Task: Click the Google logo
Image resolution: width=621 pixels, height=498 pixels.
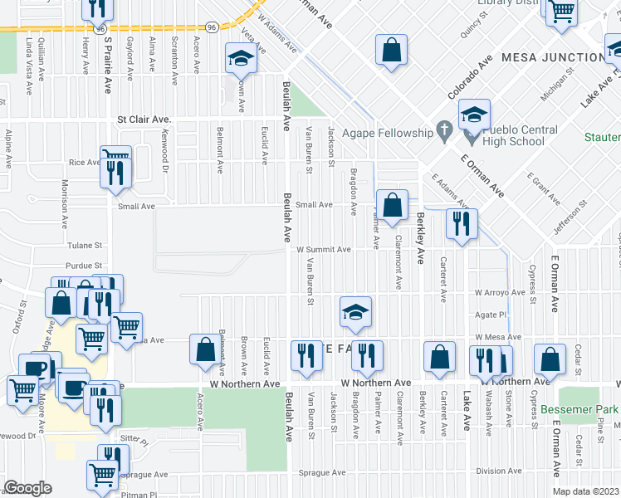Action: (27, 488)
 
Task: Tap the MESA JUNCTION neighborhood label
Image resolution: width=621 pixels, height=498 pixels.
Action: (563, 57)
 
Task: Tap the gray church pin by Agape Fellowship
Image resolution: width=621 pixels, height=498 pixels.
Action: (444, 129)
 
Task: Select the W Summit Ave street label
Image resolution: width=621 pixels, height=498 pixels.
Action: (325, 249)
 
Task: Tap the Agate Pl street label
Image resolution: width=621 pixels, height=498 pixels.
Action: (490, 315)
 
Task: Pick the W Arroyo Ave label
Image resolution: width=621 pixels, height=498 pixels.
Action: (500, 292)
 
